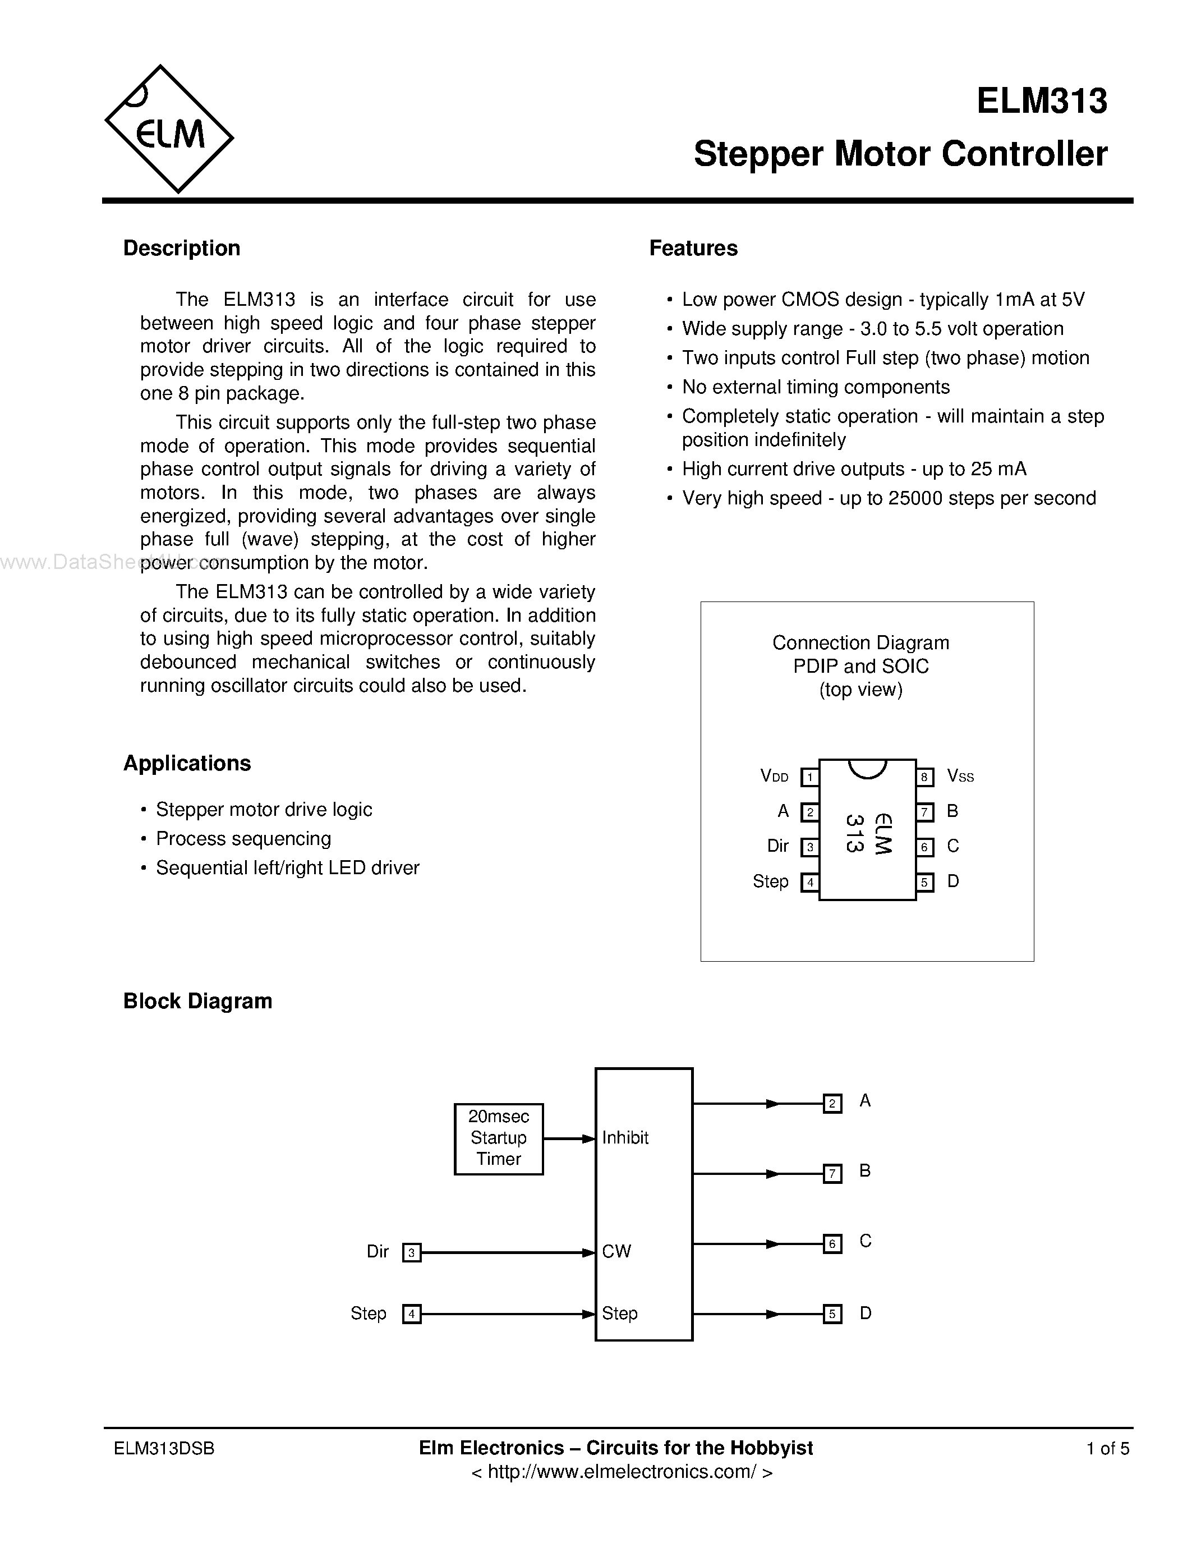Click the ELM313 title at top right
click(x=1042, y=101)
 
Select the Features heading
click(x=693, y=248)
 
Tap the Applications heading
click(x=187, y=763)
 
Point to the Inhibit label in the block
click(x=625, y=1137)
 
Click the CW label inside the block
click(x=616, y=1251)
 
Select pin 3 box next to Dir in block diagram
click(x=412, y=1252)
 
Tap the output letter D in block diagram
click(x=866, y=1313)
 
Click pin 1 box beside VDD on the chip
click(x=809, y=777)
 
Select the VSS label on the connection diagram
click(x=960, y=777)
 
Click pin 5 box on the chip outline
click(x=924, y=881)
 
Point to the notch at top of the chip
click(x=867, y=768)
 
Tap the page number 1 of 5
click(x=1107, y=1448)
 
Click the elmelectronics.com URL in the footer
click(x=622, y=1472)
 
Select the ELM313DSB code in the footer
click(x=164, y=1448)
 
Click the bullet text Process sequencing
click(x=243, y=839)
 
